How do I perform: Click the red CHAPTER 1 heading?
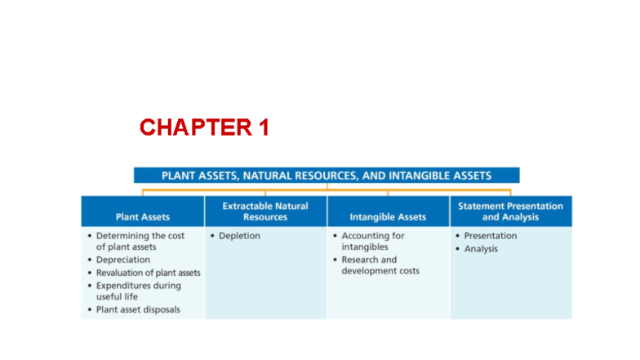point(204,127)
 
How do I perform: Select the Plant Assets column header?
point(143,217)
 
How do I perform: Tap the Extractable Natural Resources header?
point(265,211)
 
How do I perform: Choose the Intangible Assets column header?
point(388,217)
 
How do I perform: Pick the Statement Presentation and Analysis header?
point(510,211)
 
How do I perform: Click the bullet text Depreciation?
point(123,260)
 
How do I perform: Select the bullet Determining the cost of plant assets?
point(140,241)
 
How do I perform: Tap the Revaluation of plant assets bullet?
point(148,273)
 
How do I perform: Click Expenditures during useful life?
point(138,291)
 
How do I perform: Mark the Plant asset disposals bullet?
point(138,309)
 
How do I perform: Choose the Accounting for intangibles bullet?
point(372,241)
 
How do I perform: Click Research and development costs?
point(380,265)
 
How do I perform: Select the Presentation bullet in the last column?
point(490,236)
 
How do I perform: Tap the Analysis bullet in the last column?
point(481,249)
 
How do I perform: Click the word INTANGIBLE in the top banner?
point(416,176)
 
